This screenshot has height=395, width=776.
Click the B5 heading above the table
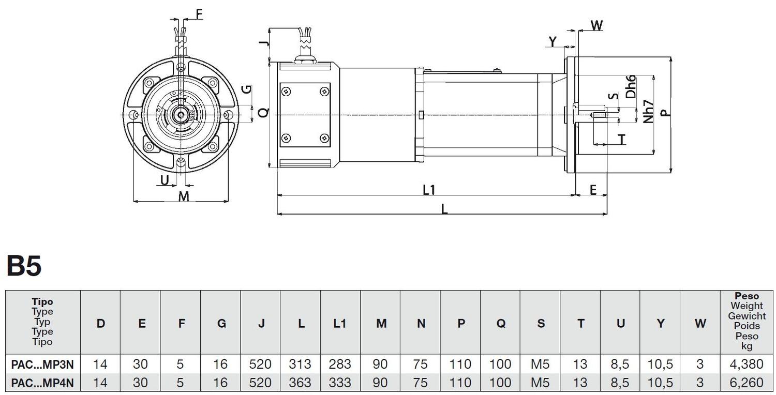tap(24, 267)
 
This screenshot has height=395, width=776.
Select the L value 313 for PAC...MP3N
tap(301, 364)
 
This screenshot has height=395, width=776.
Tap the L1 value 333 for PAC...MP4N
tap(340, 383)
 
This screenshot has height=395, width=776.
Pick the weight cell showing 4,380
tap(746, 364)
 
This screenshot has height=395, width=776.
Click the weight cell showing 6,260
tap(746, 383)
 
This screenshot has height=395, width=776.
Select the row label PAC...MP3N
tap(42, 364)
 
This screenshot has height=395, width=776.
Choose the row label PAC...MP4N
tap(42, 383)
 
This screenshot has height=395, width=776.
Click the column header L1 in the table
tap(340, 323)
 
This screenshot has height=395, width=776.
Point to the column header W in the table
tap(700, 323)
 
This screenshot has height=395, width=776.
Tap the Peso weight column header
tap(747, 321)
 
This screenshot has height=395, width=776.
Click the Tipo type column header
tap(42, 321)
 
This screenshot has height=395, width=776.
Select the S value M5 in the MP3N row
tap(540, 364)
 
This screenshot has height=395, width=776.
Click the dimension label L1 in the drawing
tap(429, 190)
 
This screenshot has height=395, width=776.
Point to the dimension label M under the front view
tap(184, 196)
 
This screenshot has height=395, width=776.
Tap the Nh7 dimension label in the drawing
tap(649, 111)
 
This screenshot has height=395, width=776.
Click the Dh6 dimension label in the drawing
tap(631, 87)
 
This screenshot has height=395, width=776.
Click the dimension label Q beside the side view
tap(263, 113)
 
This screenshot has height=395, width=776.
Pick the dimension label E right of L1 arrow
tap(593, 190)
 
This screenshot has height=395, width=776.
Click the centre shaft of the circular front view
tap(180, 114)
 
